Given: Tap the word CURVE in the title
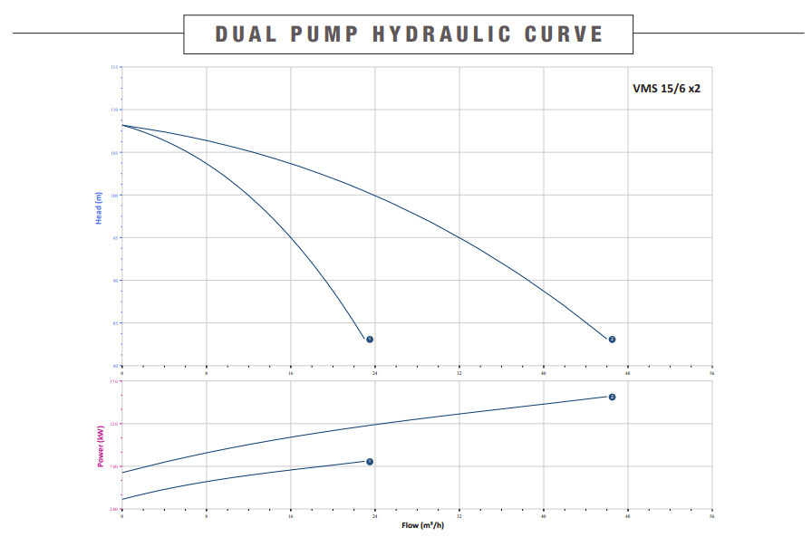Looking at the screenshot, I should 564,34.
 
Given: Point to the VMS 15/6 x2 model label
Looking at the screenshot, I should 666,89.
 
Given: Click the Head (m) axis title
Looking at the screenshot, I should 99,209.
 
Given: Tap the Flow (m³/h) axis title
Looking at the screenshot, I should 423,525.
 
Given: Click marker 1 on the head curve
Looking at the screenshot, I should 370,340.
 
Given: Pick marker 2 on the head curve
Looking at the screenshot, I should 612,340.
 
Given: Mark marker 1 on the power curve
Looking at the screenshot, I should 370,462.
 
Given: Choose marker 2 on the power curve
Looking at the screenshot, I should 612,398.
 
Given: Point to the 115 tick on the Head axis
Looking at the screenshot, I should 114,68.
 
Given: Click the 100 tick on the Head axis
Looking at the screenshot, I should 114,196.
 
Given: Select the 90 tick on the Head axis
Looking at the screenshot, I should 115,281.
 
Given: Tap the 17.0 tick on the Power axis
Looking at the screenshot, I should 113,381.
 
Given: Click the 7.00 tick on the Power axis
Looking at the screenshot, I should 113,466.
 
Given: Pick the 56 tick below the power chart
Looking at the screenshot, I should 712,515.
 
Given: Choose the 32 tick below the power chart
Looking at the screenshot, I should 459,515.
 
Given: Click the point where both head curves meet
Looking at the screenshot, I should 122,125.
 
